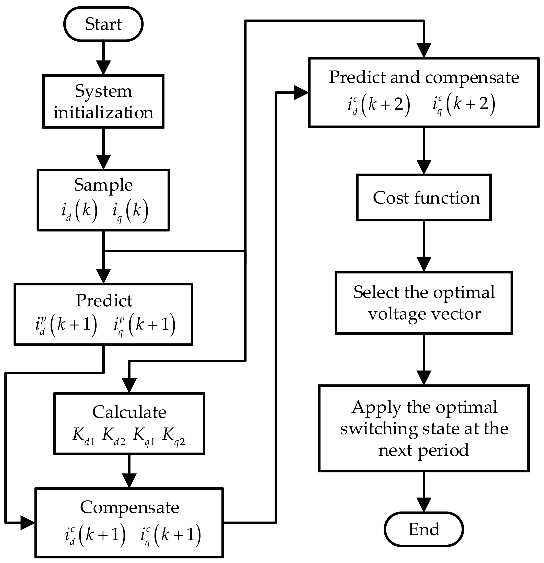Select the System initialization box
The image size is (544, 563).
(x=103, y=101)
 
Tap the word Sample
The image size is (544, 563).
(x=103, y=185)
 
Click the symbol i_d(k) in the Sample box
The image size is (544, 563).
(x=79, y=211)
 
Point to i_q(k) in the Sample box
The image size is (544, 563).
(x=130, y=211)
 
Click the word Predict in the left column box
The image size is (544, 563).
(x=104, y=301)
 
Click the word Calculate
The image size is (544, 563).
(x=129, y=412)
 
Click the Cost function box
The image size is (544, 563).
(x=424, y=198)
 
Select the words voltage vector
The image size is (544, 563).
(x=424, y=314)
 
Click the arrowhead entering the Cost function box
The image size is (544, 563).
(x=424, y=167)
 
